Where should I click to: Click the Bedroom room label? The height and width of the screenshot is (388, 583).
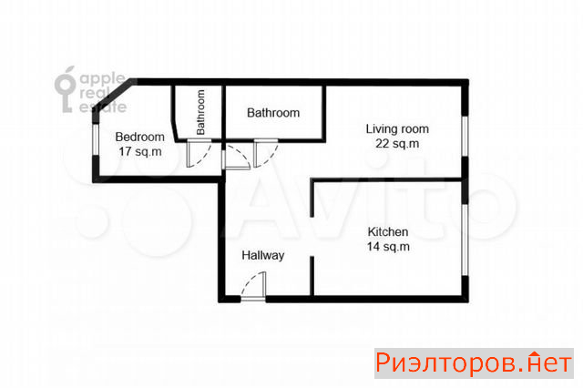coord(139,138)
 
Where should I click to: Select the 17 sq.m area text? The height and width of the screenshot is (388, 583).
coord(140,151)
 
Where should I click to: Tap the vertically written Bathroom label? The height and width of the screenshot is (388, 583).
coord(200,112)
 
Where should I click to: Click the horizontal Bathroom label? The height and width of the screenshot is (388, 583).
coord(273,113)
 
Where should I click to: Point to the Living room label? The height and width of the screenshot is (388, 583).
coord(397,129)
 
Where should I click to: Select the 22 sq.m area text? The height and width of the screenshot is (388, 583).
coord(397,144)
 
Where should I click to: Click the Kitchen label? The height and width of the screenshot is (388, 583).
coord(388,232)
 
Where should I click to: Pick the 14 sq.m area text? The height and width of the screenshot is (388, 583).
coord(388,247)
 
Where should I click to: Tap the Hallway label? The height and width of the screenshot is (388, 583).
coord(263,255)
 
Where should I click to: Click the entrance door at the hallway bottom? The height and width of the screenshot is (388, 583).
coord(253,287)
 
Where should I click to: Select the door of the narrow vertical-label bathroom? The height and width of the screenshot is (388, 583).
coord(199,153)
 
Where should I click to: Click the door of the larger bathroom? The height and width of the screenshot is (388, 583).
coord(265,153)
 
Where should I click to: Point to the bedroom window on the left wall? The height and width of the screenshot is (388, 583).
coord(96,139)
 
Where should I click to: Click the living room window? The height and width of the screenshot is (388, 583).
coord(465,136)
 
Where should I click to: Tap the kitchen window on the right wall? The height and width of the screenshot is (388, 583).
coord(465,240)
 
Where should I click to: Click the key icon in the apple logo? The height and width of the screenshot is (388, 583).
coord(66,89)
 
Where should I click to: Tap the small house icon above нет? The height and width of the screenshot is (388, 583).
coord(535,354)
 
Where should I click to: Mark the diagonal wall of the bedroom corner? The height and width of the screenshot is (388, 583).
coord(113,98)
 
